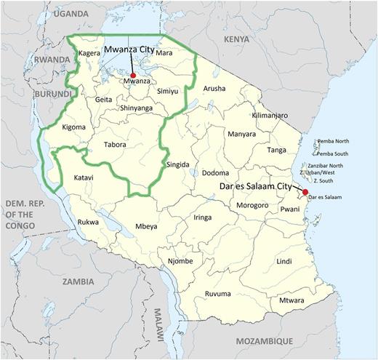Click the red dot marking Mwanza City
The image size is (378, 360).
coord(133,75)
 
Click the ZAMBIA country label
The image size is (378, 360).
coord(78,281)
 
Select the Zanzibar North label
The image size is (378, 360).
coord(332,165)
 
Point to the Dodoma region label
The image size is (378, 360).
coord(217,173)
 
